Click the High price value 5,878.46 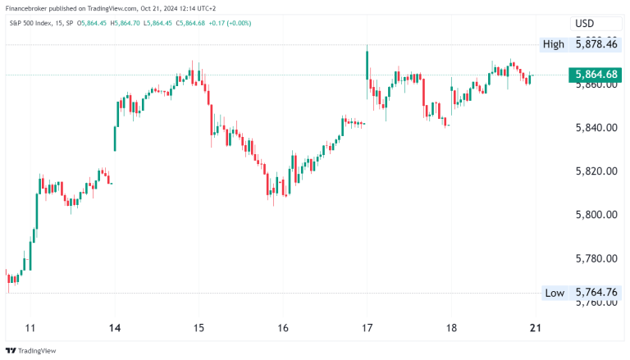pyautogui.click(x=596, y=44)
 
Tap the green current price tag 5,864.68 pyautogui.click(x=596, y=75)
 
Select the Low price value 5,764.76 pyautogui.click(x=596, y=293)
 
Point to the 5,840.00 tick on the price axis pyautogui.click(x=596, y=128)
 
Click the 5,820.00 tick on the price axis pyautogui.click(x=596, y=171)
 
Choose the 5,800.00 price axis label pyautogui.click(x=596, y=215)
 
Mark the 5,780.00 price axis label pyautogui.click(x=596, y=258)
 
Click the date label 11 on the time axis pyautogui.click(x=31, y=328)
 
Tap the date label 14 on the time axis pyautogui.click(x=115, y=328)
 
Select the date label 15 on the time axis pyautogui.click(x=199, y=328)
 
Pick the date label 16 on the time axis pyautogui.click(x=282, y=328)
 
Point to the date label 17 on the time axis pyautogui.click(x=367, y=328)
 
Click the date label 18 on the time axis pyautogui.click(x=450, y=328)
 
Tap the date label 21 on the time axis pyautogui.click(x=534, y=328)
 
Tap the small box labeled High pyautogui.click(x=553, y=44)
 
